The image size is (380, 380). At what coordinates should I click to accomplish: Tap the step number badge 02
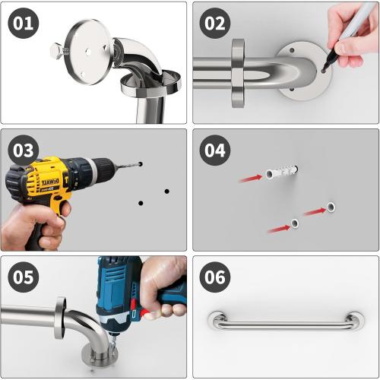(x=216, y=24)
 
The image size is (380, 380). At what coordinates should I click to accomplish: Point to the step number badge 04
(x=216, y=150)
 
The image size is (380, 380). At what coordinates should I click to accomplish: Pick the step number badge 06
(x=216, y=277)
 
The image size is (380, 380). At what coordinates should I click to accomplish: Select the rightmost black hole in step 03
(x=166, y=191)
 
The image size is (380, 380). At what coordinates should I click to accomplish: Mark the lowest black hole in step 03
(x=141, y=203)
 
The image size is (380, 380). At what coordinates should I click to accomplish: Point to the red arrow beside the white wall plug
(x=250, y=179)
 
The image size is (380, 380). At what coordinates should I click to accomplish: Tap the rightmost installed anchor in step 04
(x=332, y=206)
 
